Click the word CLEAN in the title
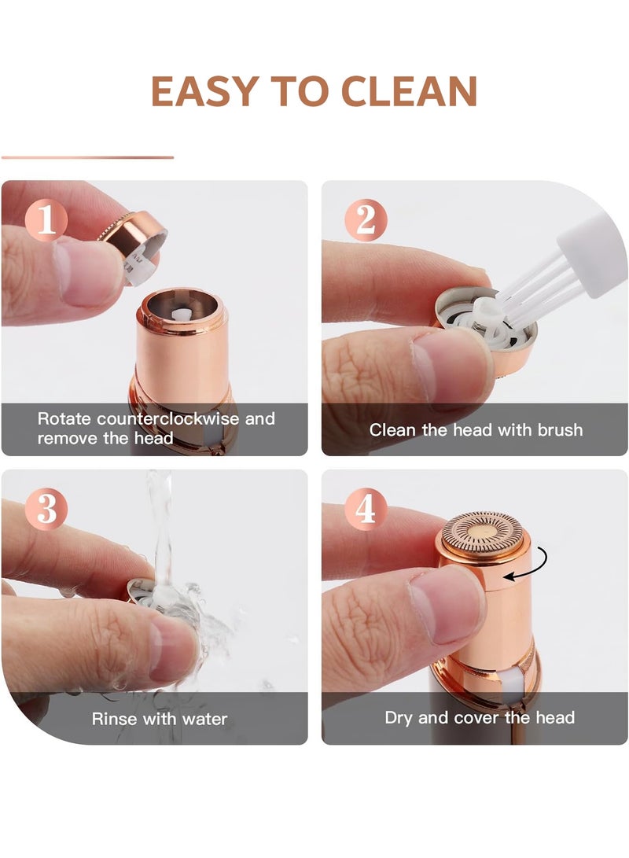click(410, 91)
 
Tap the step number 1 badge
click(46, 220)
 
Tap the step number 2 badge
click(366, 220)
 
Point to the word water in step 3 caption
click(204, 719)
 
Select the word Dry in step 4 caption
click(399, 718)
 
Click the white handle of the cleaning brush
click(592, 254)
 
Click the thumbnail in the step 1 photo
click(87, 273)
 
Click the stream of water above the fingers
click(162, 525)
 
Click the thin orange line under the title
click(87, 157)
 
